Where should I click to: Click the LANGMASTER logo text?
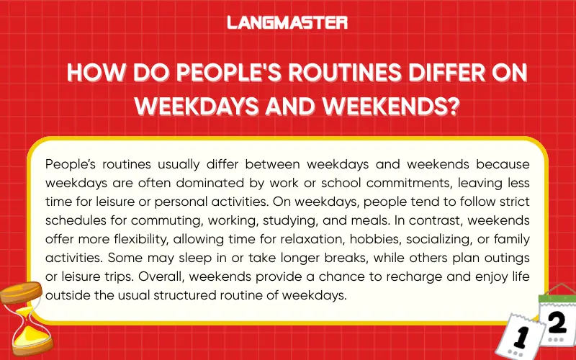coord(287,22)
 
